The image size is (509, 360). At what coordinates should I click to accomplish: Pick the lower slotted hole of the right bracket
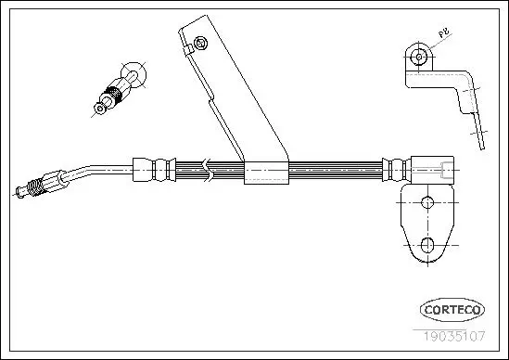[429, 244]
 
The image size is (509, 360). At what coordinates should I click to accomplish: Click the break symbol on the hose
[212, 170]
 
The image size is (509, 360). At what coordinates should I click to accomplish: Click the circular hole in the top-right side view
[423, 57]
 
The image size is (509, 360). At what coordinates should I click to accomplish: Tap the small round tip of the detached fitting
[99, 109]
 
